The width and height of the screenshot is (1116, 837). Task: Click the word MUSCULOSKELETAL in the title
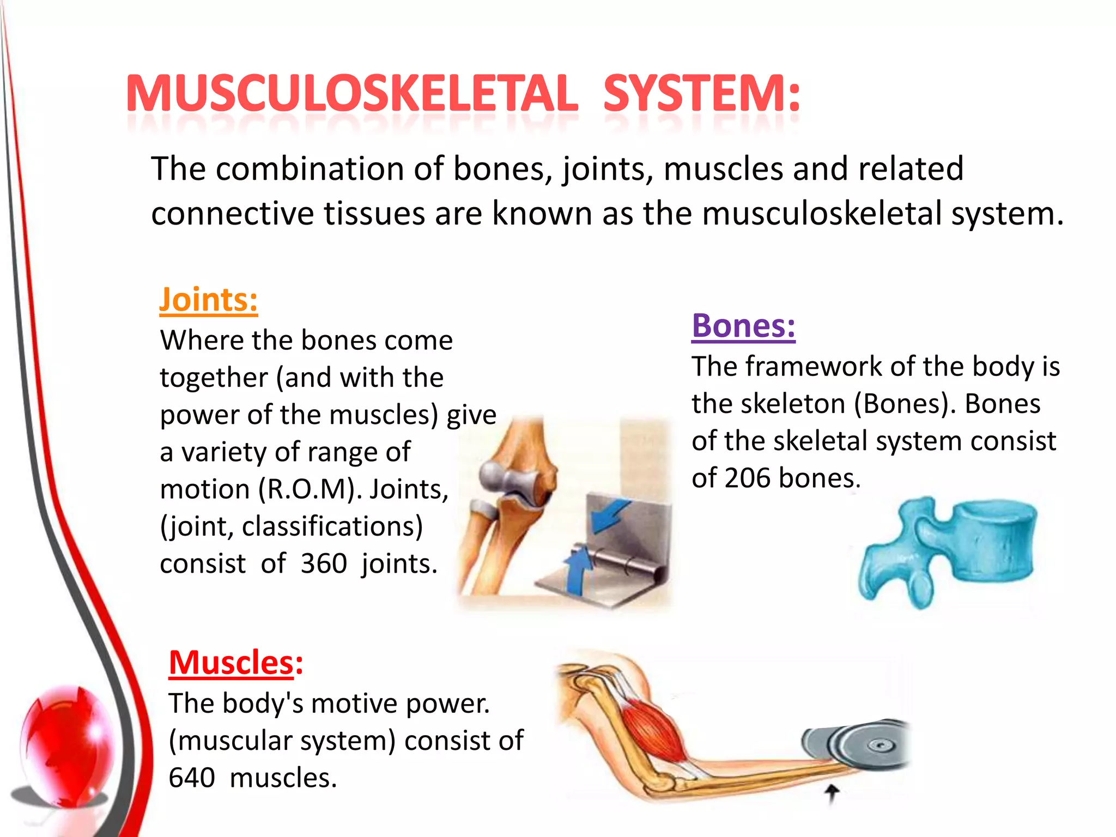351,94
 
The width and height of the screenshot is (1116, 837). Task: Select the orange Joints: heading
208,300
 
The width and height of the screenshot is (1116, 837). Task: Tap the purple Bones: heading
743,326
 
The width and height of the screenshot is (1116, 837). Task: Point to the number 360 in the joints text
324,563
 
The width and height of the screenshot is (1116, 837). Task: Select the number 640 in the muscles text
192,778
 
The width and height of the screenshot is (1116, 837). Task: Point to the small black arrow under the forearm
832,793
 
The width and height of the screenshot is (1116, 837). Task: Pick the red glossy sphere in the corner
65,747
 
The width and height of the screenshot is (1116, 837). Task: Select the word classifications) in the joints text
332,526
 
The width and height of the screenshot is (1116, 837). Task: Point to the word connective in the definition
233,213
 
